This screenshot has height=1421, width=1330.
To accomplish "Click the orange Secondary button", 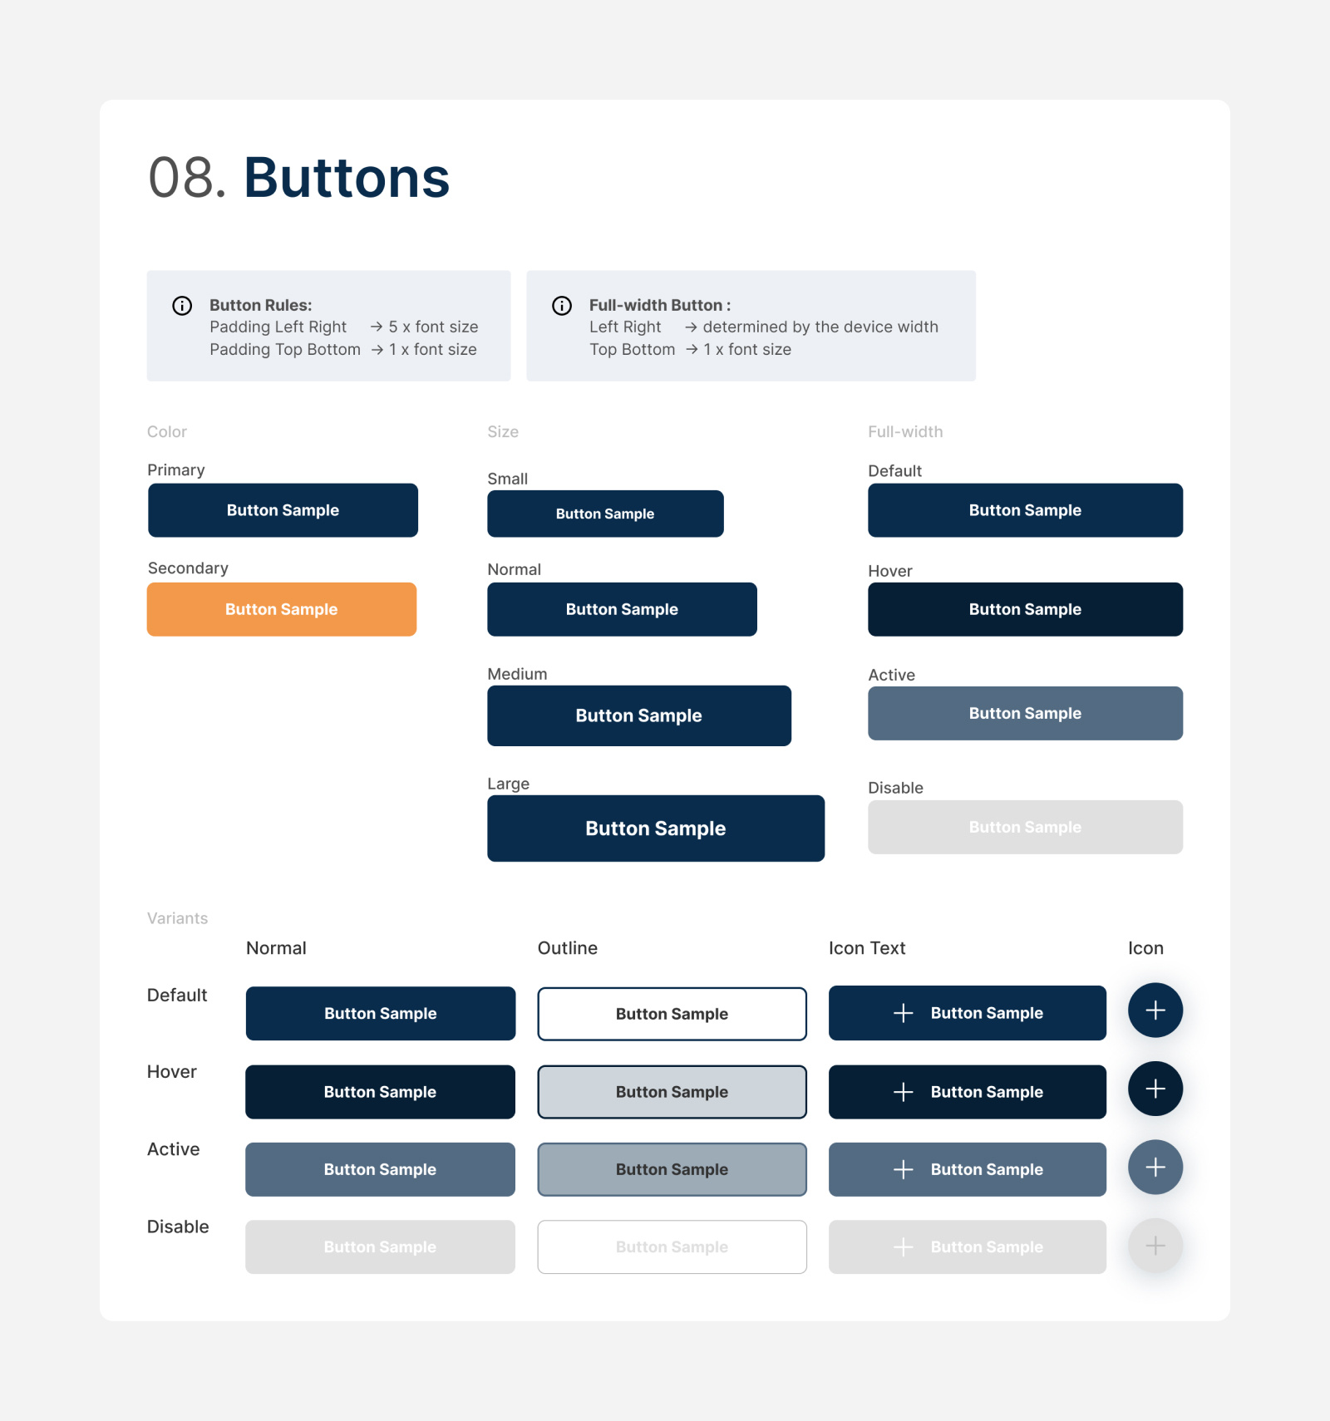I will point(282,609).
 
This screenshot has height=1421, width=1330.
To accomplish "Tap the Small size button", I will point(605,514).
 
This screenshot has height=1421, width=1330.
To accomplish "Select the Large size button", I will point(656,829).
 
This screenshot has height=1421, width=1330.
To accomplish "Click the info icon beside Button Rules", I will point(182,306).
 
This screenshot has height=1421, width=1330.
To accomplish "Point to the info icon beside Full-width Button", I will point(562,306).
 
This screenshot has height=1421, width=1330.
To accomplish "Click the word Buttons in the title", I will point(346,178).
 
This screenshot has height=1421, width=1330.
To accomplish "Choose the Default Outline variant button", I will point(672,1014).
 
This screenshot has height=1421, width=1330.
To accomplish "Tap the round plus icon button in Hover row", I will point(1155,1089).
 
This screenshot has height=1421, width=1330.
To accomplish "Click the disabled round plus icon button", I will point(1155,1246).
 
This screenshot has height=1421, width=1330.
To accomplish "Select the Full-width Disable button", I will point(1025,827).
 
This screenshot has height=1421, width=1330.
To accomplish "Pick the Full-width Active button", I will point(1025,713).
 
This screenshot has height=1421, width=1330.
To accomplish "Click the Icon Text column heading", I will point(867,948).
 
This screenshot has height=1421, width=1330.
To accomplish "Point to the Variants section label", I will point(177,918).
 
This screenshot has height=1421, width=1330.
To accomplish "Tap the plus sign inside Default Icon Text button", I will point(904,1013).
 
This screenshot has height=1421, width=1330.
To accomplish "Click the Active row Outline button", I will point(672,1169).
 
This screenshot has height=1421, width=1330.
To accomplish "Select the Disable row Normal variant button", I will point(380,1246).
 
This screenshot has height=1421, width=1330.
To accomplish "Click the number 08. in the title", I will point(187,178).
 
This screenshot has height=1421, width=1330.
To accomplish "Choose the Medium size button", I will point(638,715).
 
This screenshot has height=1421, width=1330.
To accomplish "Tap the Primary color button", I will point(283,510).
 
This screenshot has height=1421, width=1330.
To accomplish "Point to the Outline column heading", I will point(568,948).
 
